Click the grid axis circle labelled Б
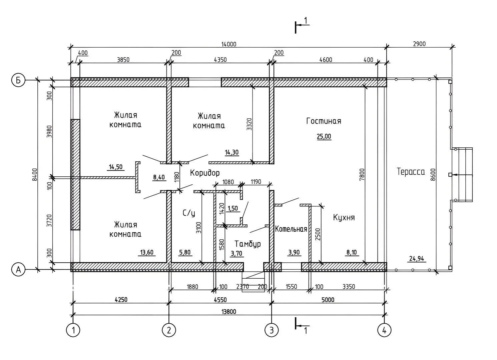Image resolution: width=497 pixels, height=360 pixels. pyautogui.click(x=19, y=80)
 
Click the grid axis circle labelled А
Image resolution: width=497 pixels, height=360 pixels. pyautogui.click(x=19, y=269)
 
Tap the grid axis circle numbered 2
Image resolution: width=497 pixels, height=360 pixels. pyautogui.click(x=169, y=330)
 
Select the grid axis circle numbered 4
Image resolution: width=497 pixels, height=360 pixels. pyautogui.click(x=384, y=330)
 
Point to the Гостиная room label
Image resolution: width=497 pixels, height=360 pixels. pyautogui.click(x=324, y=121)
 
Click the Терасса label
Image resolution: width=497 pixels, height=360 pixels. pyautogui.click(x=411, y=172)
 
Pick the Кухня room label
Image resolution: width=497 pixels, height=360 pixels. pyautogui.click(x=344, y=218)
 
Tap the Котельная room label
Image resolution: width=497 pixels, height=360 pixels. pyautogui.click(x=291, y=229)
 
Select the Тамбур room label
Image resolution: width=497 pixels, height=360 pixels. pyautogui.click(x=247, y=244)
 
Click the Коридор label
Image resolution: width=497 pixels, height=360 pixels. pyautogui.click(x=205, y=173)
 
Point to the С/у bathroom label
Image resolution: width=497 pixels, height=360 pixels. pyautogui.click(x=189, y=213)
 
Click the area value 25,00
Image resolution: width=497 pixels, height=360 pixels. pyautogui.click(x=324, y=136)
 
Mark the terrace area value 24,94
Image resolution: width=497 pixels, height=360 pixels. pyautogui.click(x=416, y=258)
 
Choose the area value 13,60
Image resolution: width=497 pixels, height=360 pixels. pyautogui.click(x=147, y=252)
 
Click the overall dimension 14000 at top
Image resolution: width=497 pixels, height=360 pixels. pyautogui.click(x=228, y=44)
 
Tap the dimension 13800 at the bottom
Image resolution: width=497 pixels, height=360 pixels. pyautogui.click(x=228, y=312)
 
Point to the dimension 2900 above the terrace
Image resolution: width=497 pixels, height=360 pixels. pyautogui.click(x=419, y=44)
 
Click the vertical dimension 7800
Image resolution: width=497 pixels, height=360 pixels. pyautogui.click(x=362, y=175)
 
